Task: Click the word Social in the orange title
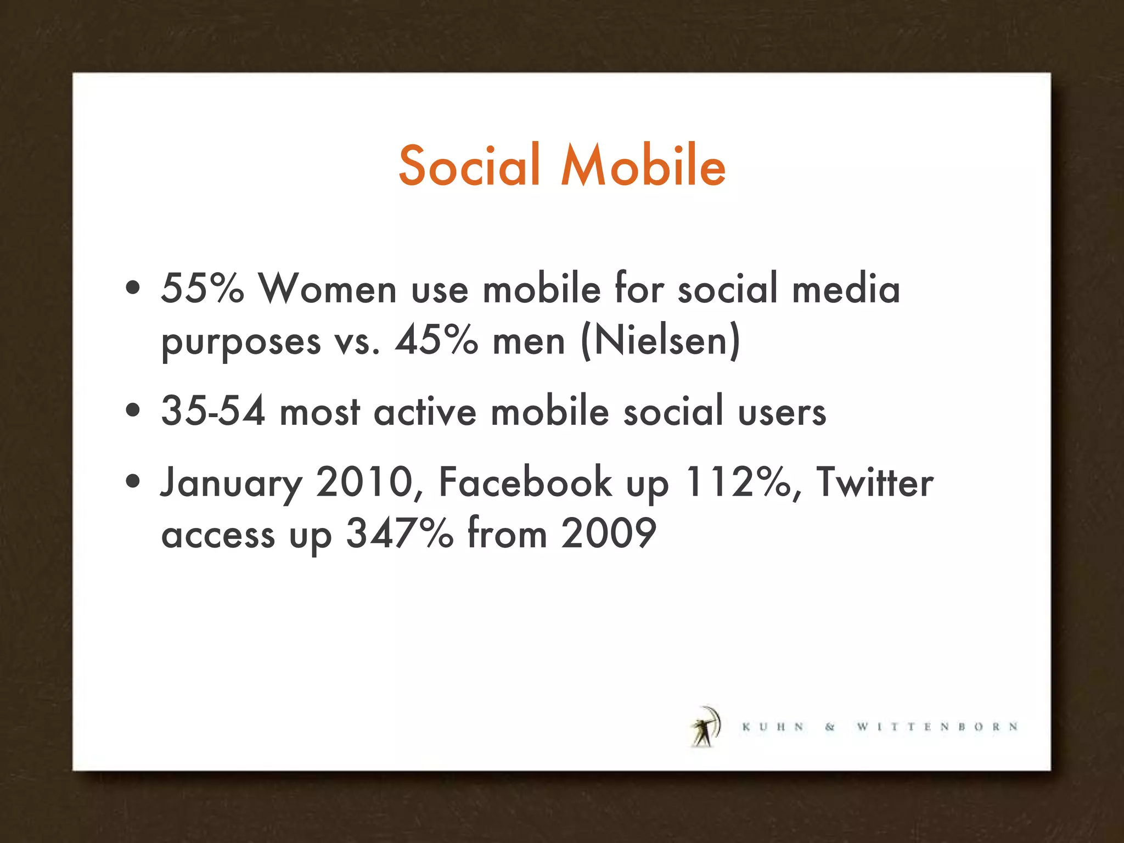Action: (470, 165)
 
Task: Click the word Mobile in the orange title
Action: (643, 165)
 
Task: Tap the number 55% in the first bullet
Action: (202, 288)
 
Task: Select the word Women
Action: (328, 288)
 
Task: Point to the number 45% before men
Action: (436, 340)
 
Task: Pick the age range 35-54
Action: (213, 411)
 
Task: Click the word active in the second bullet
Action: (425, 412)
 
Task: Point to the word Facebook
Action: (525, 482)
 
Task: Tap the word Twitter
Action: (875, 482)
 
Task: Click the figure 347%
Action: (400, 533)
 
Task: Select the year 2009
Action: (608, 533)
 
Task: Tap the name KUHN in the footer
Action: (773, 727)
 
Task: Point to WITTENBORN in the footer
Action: (937, 727)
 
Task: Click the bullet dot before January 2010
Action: (132, 481)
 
